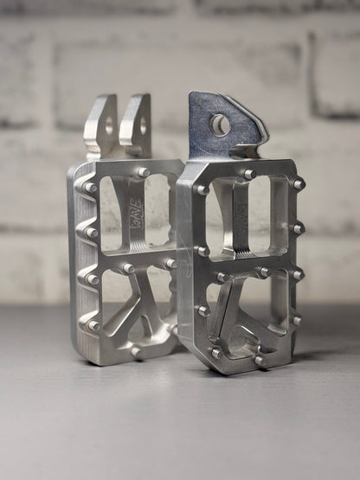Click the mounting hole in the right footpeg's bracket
click(220, 125)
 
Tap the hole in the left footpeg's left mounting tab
click(108, 128)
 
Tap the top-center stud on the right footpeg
click(249, 175)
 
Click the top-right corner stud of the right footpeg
click(299, 184)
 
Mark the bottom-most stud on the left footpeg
click(136, 350)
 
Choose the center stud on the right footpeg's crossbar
click(260, 272)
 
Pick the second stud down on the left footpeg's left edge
click(91, 233)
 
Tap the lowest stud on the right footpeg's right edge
click(296, 320)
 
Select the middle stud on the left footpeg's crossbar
click(129, 268)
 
